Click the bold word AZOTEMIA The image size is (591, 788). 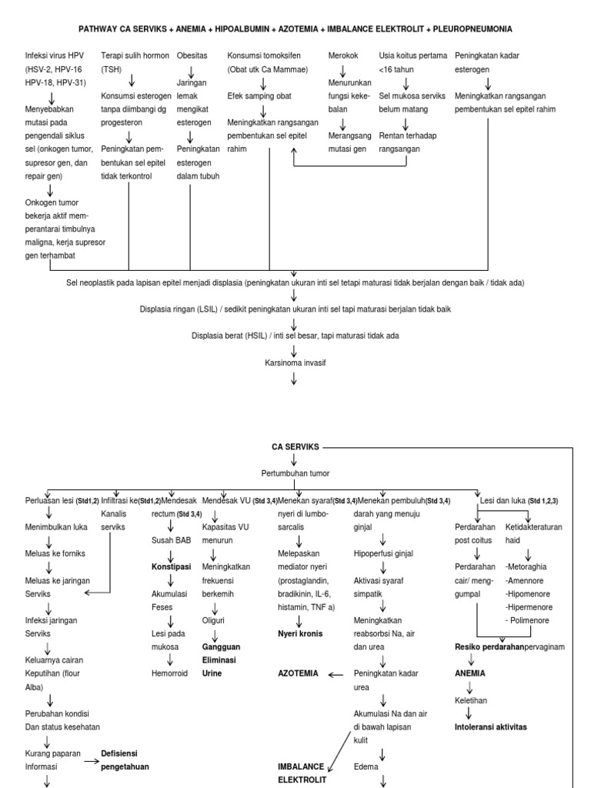(x=299, y=673)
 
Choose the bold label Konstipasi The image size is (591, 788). (x=171, y=568)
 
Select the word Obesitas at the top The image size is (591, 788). (x=192, y=56)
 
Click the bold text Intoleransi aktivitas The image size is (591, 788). (x=496, y=726)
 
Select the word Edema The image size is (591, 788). (x=366, y=766)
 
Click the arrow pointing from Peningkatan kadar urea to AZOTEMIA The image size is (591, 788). (x=335, y=674)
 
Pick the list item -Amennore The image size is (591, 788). (x=527, y=581)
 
